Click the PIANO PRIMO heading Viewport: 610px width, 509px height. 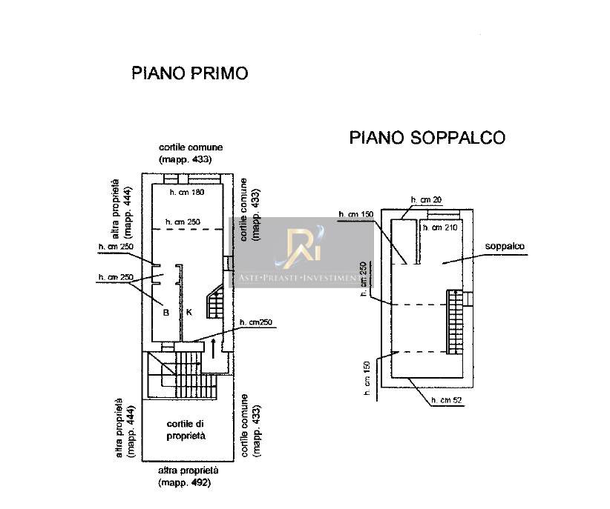click(188, 73)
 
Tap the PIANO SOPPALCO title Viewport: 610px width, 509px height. click(427, 138)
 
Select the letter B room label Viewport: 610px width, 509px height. click(166, 313)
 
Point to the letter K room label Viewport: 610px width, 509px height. click(188, 313)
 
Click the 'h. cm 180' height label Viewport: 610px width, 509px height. click(186, 193)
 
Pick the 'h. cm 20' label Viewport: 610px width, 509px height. click(426, 200)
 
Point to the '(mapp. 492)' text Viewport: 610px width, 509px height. click(184, 483)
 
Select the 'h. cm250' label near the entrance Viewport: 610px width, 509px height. click(257, 322)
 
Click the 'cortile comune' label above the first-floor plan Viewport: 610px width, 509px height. click(195, 147)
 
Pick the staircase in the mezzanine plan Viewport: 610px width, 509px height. click(454, 322)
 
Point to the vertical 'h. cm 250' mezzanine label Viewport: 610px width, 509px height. click(363, 279)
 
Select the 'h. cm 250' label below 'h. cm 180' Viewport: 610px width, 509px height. click(183, 221)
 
